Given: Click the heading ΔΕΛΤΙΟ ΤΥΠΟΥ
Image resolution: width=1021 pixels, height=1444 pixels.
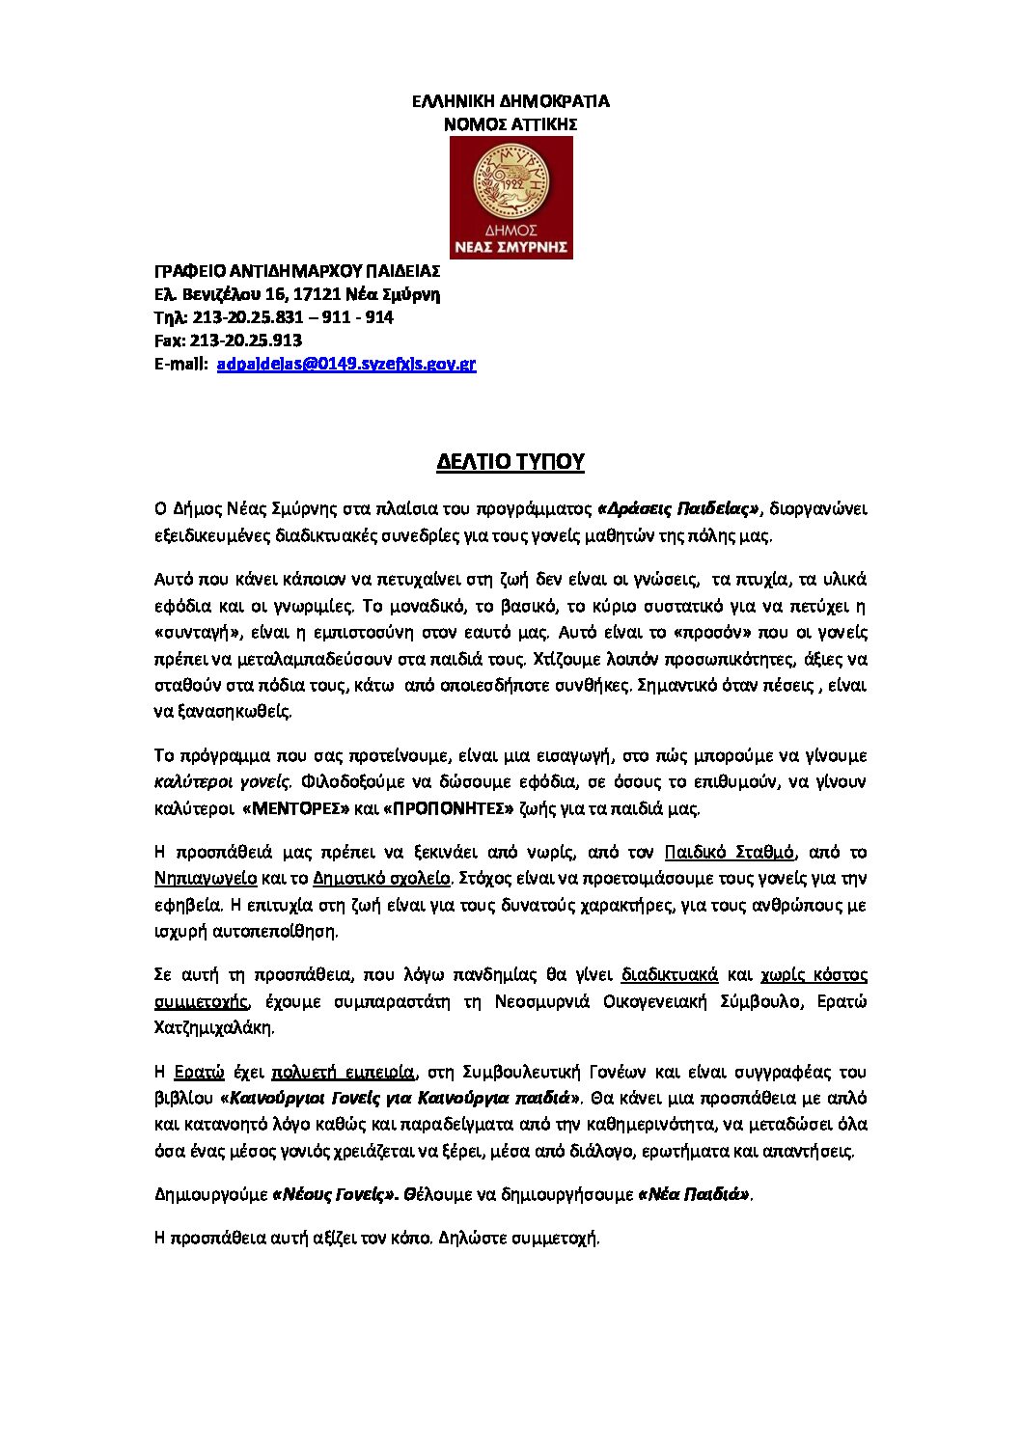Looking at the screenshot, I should (x=510, y=462).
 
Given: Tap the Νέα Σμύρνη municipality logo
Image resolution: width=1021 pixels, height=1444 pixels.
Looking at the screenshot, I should (x=511, y=197).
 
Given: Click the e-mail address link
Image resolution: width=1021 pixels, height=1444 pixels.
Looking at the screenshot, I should (x=346, y=364).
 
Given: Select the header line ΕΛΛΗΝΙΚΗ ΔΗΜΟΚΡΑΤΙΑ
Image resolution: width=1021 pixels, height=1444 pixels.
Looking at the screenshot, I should (x=510, y=101).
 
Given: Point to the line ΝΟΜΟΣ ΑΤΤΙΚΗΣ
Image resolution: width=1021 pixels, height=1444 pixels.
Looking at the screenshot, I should (x=510, y=124).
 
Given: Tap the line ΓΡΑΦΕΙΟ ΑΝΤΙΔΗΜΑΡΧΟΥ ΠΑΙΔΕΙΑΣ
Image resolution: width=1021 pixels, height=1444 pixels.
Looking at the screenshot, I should (x=297, y=271).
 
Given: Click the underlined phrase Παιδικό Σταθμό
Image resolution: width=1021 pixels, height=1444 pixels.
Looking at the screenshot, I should (x=730, y=852).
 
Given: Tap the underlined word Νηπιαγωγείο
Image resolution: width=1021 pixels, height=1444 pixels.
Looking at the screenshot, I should (x=206, y=878).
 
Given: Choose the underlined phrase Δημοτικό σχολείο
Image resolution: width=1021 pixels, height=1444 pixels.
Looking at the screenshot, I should (x=382, y=878).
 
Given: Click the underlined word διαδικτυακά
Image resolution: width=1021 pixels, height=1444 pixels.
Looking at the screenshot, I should (x=670, y=974).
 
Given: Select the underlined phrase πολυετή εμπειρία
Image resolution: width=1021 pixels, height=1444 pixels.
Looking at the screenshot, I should (x=344, y=1072).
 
